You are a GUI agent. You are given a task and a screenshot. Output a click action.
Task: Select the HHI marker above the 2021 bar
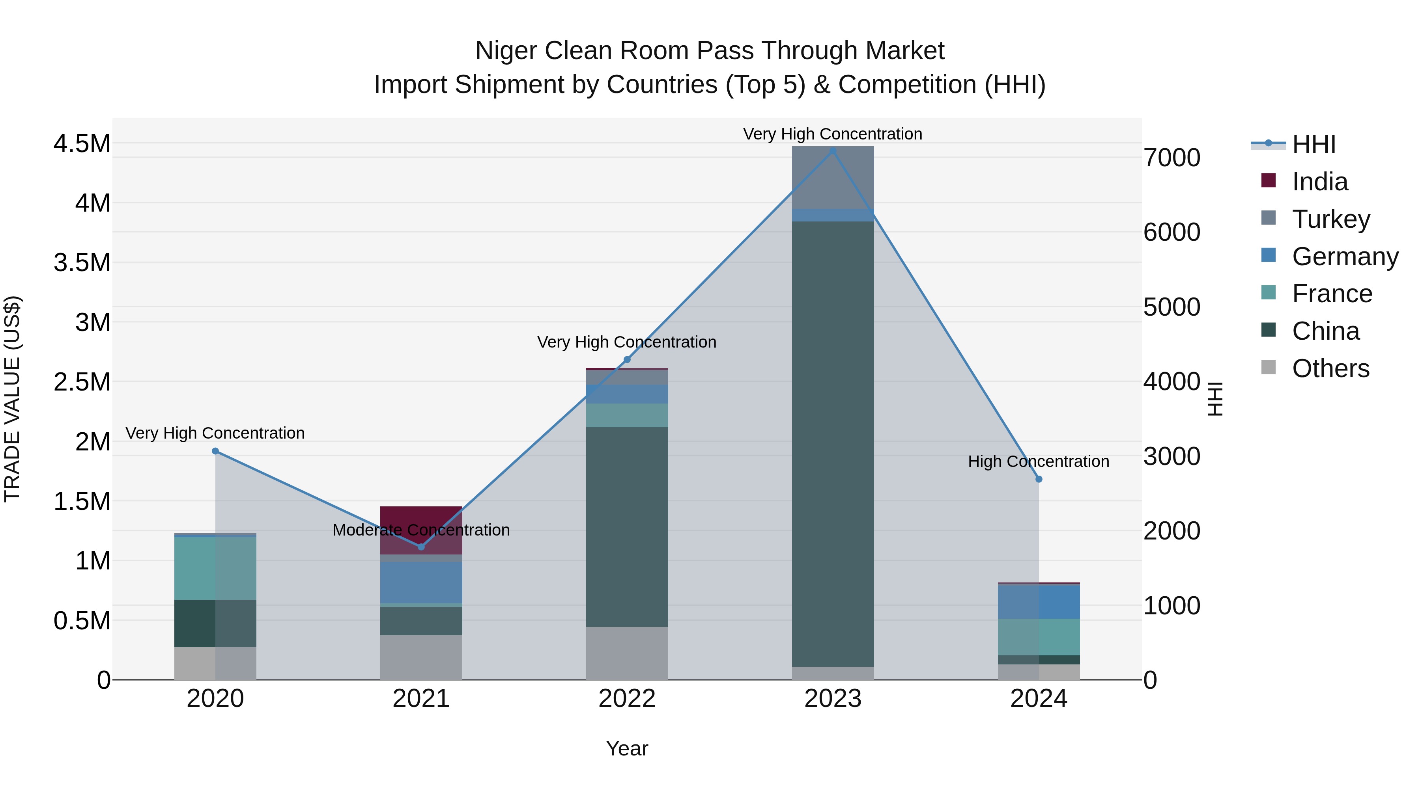[421, 547]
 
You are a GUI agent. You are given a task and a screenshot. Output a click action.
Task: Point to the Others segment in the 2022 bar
[627, 653]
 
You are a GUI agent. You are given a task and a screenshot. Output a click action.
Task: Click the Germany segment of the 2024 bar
[1039, 601]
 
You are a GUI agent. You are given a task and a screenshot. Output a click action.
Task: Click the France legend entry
[1331, 294]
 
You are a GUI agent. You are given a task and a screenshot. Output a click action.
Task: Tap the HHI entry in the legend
[1313, 144]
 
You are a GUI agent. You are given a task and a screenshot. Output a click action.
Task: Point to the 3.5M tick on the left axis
[82, 263]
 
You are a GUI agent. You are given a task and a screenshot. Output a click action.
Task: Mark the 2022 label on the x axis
[627, 699]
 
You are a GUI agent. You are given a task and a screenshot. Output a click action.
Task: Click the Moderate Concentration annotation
[421, 530]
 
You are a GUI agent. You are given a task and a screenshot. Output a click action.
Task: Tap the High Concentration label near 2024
[1039, 461]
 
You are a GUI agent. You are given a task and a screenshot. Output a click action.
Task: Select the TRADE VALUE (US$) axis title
[12, 399]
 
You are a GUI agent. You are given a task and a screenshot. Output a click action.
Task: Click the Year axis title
[627, 748]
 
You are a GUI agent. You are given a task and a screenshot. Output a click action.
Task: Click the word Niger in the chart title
[506, 51]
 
